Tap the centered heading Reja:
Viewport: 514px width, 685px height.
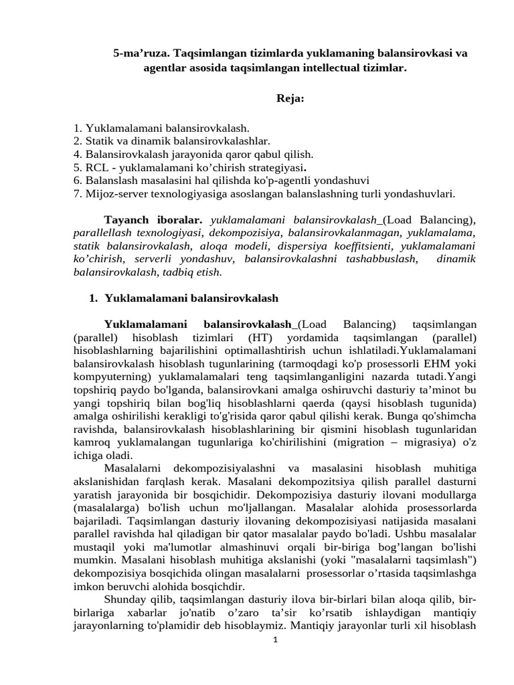point(290,99)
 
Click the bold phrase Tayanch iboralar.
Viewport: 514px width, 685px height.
point(153,219)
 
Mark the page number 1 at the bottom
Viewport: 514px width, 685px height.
point(274,641)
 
